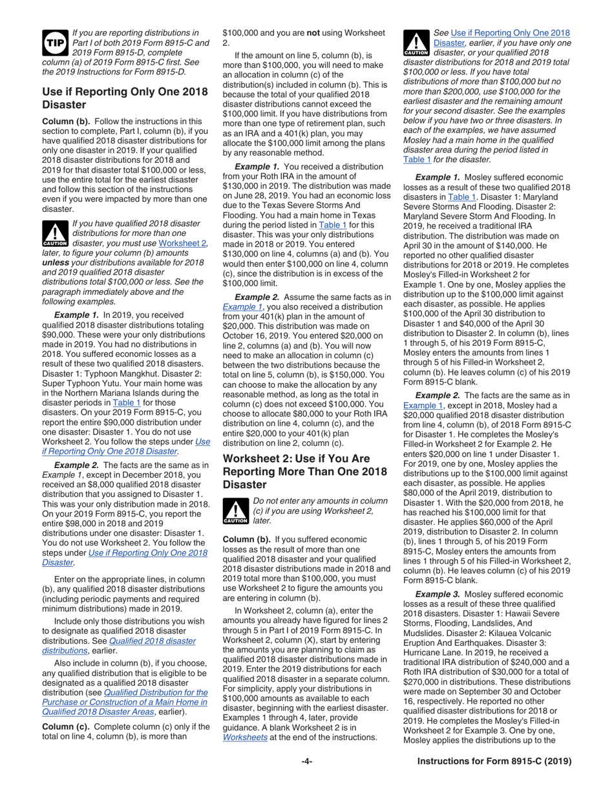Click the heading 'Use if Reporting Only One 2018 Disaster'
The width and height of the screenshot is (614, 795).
click(124, 98)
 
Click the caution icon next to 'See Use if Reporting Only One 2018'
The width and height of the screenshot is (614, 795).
click(416, 42)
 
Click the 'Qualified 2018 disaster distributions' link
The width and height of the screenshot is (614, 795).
click(119, 646)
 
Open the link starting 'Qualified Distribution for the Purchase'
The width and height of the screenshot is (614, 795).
click(125, 702)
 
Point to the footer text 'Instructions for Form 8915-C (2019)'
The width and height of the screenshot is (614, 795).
click(494, 761)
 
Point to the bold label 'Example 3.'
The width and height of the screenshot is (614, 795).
click(438, 593)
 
